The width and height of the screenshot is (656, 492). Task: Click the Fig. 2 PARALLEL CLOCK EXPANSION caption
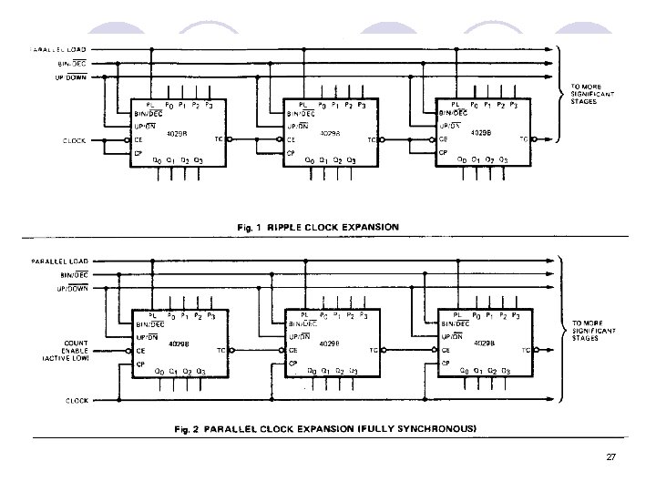tap(326, 426)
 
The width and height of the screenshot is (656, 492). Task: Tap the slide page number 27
tap(611, 456)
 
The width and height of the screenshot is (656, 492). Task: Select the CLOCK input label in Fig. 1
tap(75, 140)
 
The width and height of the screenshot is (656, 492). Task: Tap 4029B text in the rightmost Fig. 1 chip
tap(480, 133)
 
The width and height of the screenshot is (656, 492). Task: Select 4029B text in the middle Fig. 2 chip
tap(330, 343)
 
